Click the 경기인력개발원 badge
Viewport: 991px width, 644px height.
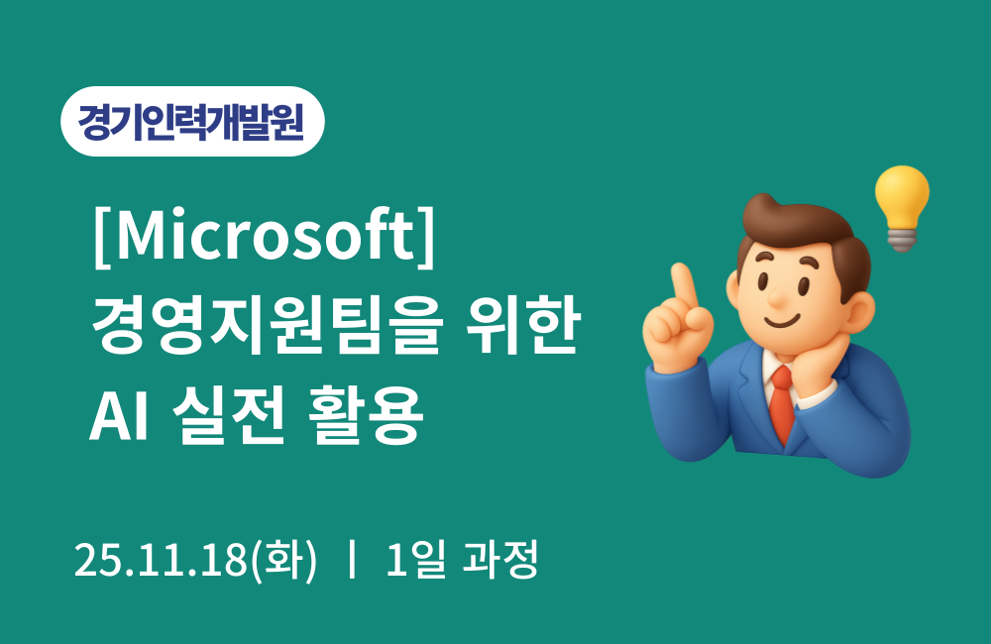coord(192,122)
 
